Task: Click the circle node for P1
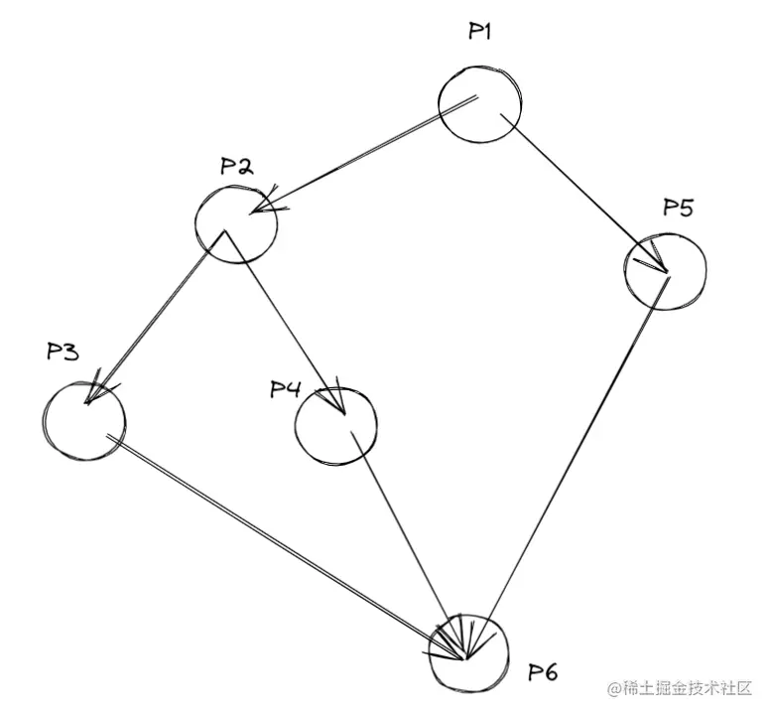coord(479,102)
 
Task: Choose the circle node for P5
coord(665,268)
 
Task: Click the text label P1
coord(481,32)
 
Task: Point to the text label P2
coord(236,166)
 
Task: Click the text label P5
coord(679,208)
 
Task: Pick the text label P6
coord(542,673)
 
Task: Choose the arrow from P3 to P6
coord(283,543)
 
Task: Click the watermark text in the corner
coord(684,688)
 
